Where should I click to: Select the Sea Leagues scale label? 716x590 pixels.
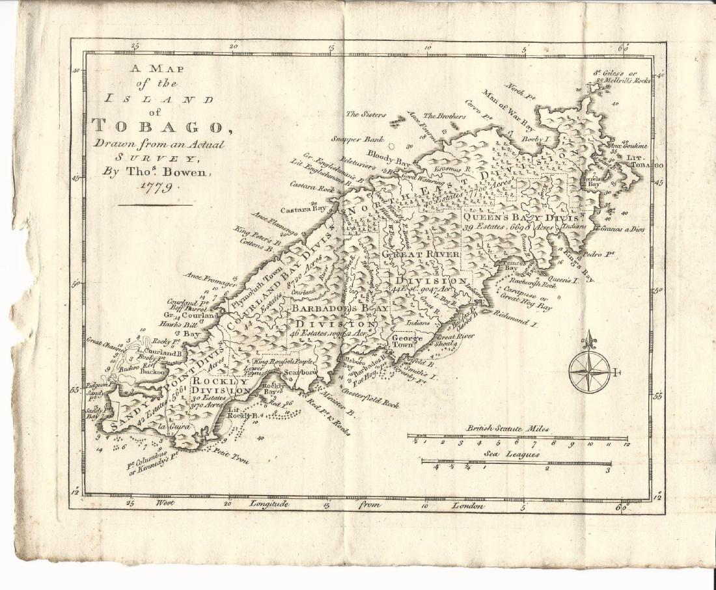click(511, 455)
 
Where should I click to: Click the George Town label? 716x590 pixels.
click(407, 342)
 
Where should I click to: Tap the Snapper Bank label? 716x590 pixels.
click(357, 139)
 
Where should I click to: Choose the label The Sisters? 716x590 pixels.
click(365, 114)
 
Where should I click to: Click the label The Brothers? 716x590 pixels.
click(445, 116)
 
